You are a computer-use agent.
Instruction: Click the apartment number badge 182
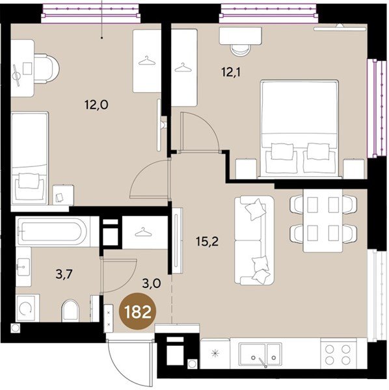coord(137,311)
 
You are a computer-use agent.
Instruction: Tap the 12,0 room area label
coord(96,105)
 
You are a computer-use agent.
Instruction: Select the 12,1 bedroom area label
coord(232,73)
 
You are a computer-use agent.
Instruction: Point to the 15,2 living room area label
coord(207,241)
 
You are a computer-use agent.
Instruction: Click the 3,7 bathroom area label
coord(64,275)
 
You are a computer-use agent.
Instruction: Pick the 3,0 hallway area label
coord(152,283)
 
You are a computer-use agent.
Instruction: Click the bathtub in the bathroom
coord(52,231)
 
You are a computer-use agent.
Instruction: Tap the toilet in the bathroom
coord(70,311)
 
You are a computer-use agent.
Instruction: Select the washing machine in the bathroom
coord(27,307)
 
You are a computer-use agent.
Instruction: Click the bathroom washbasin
coord(23,266)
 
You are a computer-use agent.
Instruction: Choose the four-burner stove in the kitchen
coord(339,354)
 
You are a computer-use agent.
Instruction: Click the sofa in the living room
coord(254,240)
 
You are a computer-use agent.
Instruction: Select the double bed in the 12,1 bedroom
coord(299,129)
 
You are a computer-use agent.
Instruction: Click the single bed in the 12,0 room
coord(30,158)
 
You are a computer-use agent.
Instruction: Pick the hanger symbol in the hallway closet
coord(143,232)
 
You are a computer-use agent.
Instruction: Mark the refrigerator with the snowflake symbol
coord(215,353)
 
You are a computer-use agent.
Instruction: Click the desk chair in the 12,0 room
coord(46,69)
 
